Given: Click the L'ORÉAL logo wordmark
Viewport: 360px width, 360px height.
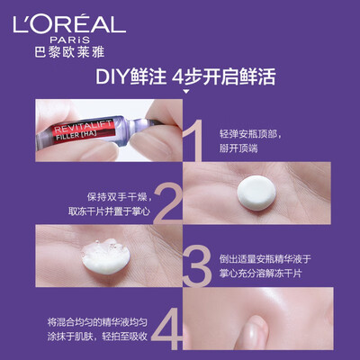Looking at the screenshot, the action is [69, 23].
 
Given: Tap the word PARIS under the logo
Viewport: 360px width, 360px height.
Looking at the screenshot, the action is [70, 40].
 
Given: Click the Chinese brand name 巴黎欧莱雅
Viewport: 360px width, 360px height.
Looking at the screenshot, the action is [69, 52].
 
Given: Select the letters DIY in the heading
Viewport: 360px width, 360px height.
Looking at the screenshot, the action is [112, 77].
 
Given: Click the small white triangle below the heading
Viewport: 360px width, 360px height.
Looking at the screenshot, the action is [186, 91].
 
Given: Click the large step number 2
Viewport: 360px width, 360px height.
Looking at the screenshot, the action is [168, 203].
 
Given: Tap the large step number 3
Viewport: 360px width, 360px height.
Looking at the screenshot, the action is [196, 265].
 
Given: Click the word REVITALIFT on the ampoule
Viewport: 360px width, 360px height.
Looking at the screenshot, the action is [83, 127].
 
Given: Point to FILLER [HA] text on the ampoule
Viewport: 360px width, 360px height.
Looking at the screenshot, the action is [76, 136].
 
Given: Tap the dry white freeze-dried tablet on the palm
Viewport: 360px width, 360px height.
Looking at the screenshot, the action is [256, 193].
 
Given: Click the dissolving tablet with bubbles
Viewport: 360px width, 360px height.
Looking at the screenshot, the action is [105, 256].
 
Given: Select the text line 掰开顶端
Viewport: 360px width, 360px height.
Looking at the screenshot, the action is [238, 148].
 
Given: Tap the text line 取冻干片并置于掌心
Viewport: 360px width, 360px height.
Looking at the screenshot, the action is [109, 211].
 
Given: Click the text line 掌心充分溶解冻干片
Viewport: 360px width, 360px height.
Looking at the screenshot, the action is [260, 274].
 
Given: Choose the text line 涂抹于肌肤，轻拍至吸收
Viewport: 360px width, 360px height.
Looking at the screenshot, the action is [97, 337].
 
